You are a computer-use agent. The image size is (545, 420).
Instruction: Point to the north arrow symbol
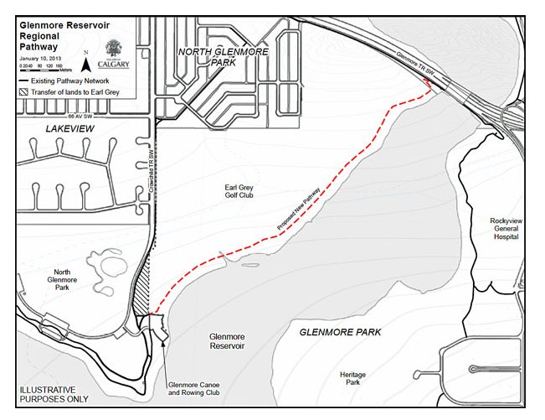tap(88, 56)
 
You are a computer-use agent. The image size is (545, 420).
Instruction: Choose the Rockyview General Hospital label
tap(505, 228)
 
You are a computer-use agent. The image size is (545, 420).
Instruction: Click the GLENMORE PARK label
tap(340, 332)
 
